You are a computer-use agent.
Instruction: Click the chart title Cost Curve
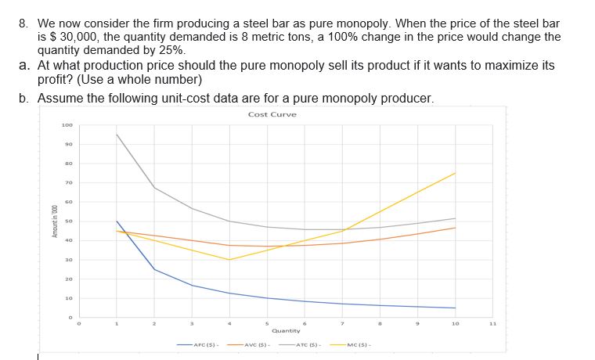272,114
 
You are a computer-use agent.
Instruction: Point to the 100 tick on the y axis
67,125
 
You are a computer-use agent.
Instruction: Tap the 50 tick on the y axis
68,221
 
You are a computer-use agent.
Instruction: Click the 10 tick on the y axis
68,298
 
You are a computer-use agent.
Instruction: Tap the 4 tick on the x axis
229,323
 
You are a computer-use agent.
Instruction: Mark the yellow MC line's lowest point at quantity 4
229,260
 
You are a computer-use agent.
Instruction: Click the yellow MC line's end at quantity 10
455,173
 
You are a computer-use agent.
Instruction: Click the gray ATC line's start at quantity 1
117,135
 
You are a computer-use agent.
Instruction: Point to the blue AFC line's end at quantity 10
455,308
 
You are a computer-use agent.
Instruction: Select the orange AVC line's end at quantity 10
455,228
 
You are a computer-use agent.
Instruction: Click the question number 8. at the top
24,23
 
